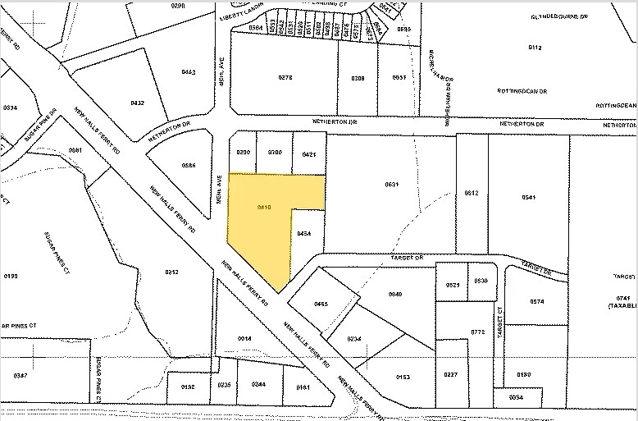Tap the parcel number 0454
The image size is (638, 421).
tap(304, 234)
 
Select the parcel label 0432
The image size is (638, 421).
tap(138, 103)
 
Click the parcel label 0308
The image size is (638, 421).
tap(358, 78)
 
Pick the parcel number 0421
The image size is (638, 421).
tap(308, 153)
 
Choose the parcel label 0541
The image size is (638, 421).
tap(528, 197)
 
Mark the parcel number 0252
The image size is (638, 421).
tap(171, 272)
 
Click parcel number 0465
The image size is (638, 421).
tap(321, 304)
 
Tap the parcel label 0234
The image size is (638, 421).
tap(354, 339)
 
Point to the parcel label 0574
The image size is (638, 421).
tap(537, 302)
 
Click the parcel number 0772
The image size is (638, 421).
tap(478, 332)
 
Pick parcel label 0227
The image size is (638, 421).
tap(451, 376)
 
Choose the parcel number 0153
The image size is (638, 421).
tap(402, 377)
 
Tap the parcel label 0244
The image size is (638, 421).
tap(258, 384)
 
